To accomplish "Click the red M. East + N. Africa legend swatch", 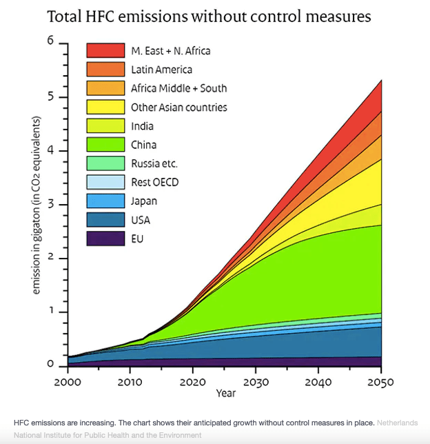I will pos(105,50).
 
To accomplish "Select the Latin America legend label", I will pos(161,70).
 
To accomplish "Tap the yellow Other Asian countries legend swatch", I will pos(105,107).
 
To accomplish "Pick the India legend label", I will pos(142,126).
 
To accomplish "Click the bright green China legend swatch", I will pos(105,145).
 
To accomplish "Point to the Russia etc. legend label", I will pos(154,163).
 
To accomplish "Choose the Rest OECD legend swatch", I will pos(105,182).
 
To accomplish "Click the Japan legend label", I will pos(143,201).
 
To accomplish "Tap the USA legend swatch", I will pos(105,220).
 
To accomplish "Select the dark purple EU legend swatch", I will pos(105,239).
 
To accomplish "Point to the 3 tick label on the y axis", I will pos(50,205).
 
